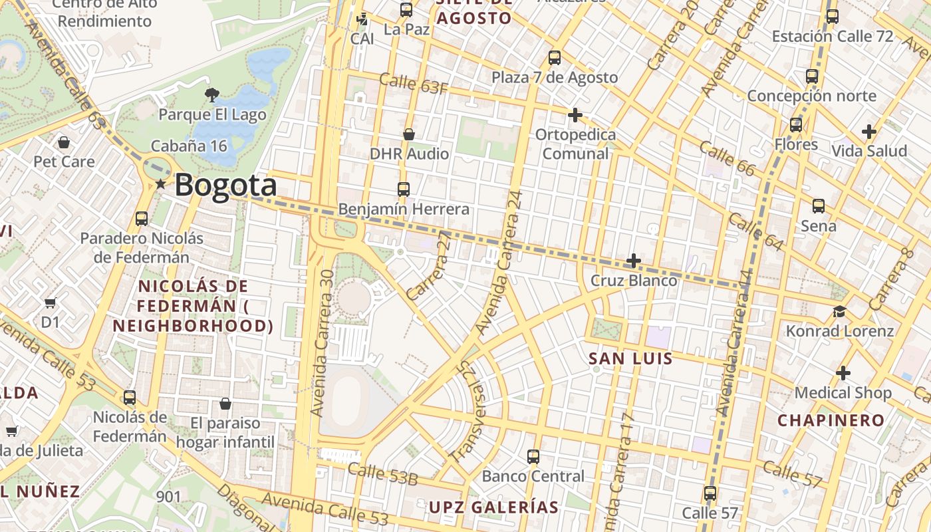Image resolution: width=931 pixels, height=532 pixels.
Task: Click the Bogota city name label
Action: pos(225,185)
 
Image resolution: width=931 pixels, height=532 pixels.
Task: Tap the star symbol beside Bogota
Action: pos(160,184)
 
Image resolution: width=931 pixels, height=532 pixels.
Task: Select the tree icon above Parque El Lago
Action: pos(212,95)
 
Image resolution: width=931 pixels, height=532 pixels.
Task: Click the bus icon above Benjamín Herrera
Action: pos(403,190)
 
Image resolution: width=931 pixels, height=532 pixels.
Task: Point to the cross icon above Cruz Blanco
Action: pos(634,261)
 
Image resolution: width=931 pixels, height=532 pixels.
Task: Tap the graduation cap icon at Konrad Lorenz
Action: pos(840,311)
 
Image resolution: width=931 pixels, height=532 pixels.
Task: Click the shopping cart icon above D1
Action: pos(51,303)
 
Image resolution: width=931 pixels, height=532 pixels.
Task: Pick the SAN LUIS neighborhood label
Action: pos(630,359)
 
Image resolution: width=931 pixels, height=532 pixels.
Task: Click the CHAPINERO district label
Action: pos(831,420)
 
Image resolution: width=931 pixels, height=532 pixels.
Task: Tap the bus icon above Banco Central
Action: pos(533,457)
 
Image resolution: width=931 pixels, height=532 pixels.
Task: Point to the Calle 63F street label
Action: pos(413,84)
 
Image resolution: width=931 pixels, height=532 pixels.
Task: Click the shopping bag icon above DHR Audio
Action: pos(409,134)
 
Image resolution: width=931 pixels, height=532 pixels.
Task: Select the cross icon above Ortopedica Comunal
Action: pos(575,116)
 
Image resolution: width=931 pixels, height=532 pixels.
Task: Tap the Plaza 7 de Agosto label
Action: pos(555,77)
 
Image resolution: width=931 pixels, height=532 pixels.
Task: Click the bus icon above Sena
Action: pos(818,206)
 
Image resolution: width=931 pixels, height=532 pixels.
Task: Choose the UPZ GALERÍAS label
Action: pos(493,507)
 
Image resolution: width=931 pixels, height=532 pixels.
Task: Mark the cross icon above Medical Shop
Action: pos(843,373)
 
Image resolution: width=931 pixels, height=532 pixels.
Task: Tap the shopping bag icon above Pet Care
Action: pos(64,142)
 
